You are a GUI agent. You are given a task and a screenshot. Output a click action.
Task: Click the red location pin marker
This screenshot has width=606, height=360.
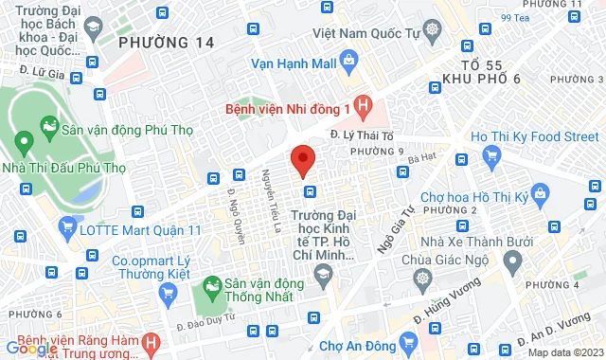[302, 160]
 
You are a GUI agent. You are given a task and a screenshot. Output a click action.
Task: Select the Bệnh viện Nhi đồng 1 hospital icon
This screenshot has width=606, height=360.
[361, 104]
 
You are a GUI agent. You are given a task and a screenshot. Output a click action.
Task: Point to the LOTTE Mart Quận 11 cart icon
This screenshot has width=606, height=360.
[66, 227]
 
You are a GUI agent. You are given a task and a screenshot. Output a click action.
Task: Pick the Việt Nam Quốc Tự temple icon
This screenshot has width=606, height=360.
[433, 30]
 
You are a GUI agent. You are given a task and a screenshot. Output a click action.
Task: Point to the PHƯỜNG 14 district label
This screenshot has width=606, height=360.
[167, 43]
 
